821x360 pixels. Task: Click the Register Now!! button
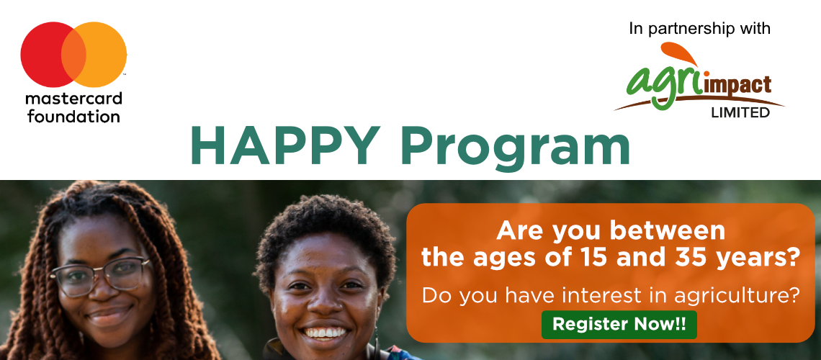coord(619,324)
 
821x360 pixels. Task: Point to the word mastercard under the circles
coord(73,99)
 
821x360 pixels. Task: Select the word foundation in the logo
coord(73,116)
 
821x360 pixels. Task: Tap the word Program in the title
coord(515,148)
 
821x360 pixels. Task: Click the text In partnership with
coord(699,29)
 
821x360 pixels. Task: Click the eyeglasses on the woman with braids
coord(101,276)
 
